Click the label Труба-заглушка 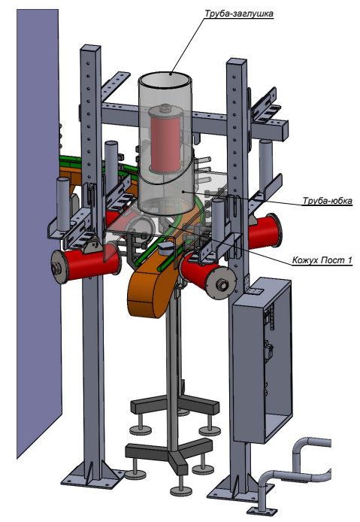pyautogui.click(x=238, y=14)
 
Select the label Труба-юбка pyautogui.click(x=327, y=201)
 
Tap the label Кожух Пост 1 pyautogui.click(x=322, y=260)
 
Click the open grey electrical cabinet pyautogui.click(x=262, y=361)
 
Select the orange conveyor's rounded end pyautogui.click(x=147, y=293)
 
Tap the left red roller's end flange pyautogui.click(x=59, y=267)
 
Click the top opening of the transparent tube pyautogui.click(x=165, y=79)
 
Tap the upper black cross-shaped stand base pyautogui.click(x=174, y=405)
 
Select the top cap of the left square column pyautogui.click(x=90, y=48)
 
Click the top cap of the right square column pyautogui.click(x=237, y=62)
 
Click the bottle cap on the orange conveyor pyautogui.click(x=165, y=247)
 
